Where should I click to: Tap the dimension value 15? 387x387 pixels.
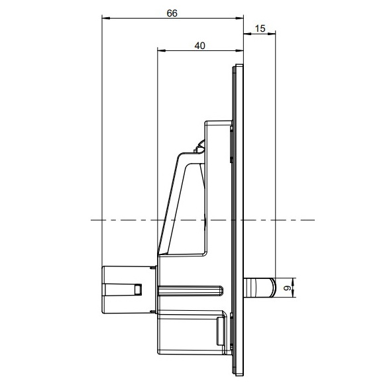pyautogui.click(x=260, y=28)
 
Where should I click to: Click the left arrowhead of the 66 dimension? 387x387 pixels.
pyautogui.click(x=105, y=19)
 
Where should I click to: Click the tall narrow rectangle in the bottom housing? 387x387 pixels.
pyautogui.click(x=220, y=329)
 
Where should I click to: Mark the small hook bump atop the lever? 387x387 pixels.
pyautogui.click(x=199, y=146)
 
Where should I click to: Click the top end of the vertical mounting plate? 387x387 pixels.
pyautogui.click(x=239, y=66)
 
